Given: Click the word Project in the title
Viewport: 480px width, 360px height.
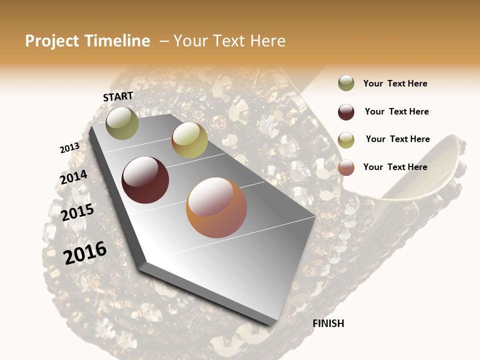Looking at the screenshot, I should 52,41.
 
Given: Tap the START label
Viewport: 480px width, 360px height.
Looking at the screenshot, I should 118,96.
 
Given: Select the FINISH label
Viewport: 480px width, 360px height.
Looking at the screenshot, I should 328,323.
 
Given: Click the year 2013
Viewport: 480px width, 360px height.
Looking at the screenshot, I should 69,148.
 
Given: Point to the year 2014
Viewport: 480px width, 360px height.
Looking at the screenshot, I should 73,177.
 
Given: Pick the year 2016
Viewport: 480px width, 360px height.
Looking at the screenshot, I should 85,253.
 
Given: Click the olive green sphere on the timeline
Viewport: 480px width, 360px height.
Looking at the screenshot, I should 122,123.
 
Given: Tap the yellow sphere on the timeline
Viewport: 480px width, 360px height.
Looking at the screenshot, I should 189,140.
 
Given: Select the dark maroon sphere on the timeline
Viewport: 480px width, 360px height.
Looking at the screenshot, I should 145,180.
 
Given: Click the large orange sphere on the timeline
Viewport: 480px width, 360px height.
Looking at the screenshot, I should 216,207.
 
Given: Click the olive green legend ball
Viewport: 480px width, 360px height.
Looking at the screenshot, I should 346,83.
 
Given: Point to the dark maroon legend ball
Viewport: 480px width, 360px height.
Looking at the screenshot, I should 346,112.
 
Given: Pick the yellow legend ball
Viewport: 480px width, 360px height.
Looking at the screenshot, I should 346,140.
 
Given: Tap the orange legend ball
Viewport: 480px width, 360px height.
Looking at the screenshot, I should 346,167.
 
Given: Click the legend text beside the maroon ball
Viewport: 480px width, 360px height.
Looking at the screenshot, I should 396,111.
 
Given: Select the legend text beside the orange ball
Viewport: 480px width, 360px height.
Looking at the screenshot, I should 395,167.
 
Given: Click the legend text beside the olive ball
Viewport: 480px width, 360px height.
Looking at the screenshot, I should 395,83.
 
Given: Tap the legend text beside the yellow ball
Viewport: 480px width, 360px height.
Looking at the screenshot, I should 397,139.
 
